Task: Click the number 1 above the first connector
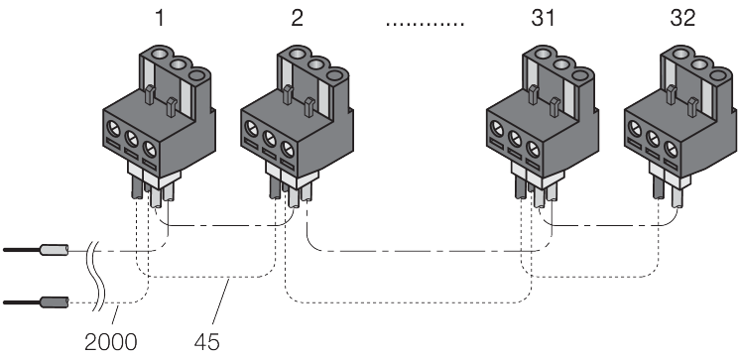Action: tap(161, 19)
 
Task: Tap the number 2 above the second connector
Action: tap(297, 19)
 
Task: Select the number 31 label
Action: tap(543, 19)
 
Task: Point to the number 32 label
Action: tap(682, 19)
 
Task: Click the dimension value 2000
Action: tap(111, 342)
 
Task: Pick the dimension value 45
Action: tap(207, 342)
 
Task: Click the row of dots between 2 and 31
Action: tap(426, 24)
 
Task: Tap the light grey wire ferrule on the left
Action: tap(55, 250)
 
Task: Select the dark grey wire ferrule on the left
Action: tap(55, 302)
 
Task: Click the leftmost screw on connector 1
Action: tap(114, 128)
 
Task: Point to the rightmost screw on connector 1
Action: tap(149, 151)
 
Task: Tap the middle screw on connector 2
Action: tap(269, 139)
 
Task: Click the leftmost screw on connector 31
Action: tap(497, 128)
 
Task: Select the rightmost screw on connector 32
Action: tap(671, 151)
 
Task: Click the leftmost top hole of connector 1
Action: tap(159, 52)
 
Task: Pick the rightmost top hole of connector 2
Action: tap(336, 74)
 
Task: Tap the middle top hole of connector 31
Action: tap(561, 63)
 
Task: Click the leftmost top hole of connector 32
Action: tap(680, 52)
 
